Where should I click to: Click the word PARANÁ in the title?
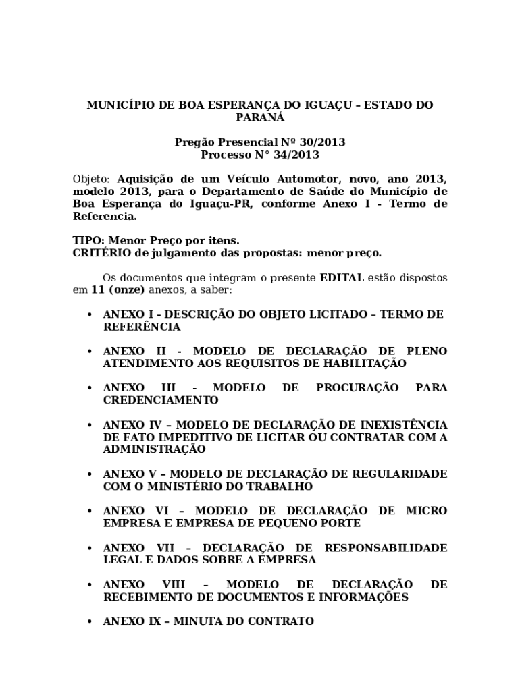(x=260, y=117)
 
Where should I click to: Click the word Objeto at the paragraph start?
(x=90, y=179)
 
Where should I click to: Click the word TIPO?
(x=88, y=241)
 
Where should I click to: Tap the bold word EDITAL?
(x=342, y=277)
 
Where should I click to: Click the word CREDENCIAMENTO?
(x=161, y=400)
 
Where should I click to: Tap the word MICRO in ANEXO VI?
(x=426, y=511)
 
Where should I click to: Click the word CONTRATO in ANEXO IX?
(x=283, y=621)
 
